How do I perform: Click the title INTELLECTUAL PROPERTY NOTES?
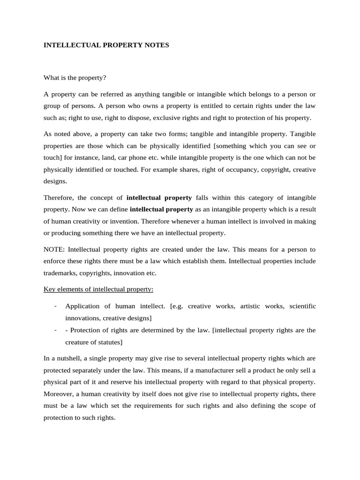(106, 45)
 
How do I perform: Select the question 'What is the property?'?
(75, 77)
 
